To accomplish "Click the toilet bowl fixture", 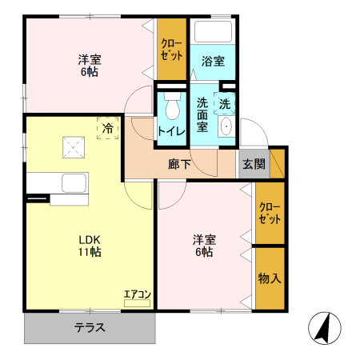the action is (172, 106).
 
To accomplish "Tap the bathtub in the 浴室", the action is (213, 31).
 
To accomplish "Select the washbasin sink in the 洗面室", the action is (226, 126).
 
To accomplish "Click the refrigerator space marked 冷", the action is (108, 128).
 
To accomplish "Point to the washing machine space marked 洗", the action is (225, 103).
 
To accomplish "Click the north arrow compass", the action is (325, 328).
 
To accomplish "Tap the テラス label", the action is (90, 328).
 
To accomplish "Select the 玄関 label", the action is (254, 164).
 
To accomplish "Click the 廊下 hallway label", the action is (179, 164).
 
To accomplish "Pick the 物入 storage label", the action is (270, 278).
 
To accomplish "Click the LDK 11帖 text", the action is (90, 246).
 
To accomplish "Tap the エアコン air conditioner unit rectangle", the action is (137, 303).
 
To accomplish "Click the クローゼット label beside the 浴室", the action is (172, 50).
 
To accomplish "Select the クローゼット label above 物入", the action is (270, 213).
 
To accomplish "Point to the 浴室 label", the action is (213, 61).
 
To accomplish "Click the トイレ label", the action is (171, 131).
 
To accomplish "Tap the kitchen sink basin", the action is (74, 183).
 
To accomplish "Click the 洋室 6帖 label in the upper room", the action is (90, 66).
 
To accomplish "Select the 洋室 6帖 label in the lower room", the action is (204, 246).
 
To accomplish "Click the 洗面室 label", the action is (202, 115).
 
